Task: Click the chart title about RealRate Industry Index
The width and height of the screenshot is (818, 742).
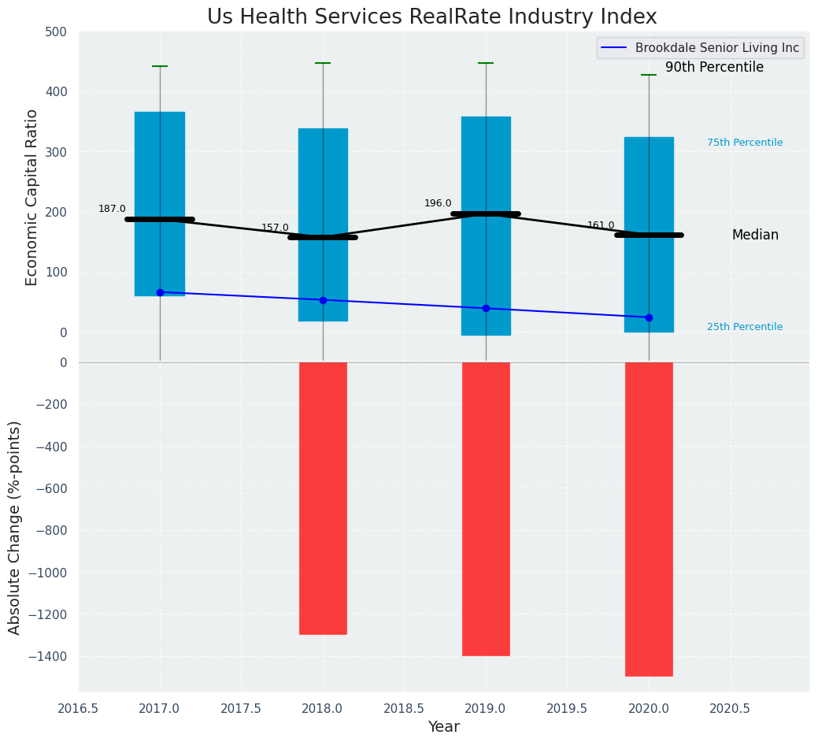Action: pyautogui.click(x=431, y=17)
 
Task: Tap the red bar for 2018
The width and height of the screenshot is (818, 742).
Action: pyautogui.click(x=323, y=498)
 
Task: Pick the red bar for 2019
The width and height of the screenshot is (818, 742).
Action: pyautogui.click(x=486, y=508)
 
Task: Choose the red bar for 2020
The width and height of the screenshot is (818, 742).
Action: pyautogui.click(x=649, y=518)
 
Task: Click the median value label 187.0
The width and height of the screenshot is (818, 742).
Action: pyautogui.click(x=112, y=209)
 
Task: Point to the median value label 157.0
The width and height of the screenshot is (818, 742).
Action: pyautogui.click(x=275, y=228)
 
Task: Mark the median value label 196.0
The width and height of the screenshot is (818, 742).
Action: pyautogui.click(x=438, y=203)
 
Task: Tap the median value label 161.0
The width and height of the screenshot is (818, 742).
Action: pyautogui.click(x=601, y=225)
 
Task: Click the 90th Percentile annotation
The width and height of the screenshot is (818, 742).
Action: pyautogui.click(x=714, y=68)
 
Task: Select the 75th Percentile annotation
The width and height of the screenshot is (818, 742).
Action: pyautogui.click(x=745, y=143)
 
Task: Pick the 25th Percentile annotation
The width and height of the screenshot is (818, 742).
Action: pyautogui.click(x=745, y=327)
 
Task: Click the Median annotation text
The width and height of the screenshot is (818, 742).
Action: pyautogui.click(x=755, y=235)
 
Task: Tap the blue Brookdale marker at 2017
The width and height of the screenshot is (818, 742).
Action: pyautogui.click(x=160, y=292)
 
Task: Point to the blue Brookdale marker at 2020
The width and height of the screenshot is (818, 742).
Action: pyautogui.click(x=649, y=317)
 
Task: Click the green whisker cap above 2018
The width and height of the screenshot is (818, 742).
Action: pyautogui.click(x=323, y=63)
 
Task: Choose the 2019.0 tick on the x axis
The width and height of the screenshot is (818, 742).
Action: pyautogui.click(x=486, y=708)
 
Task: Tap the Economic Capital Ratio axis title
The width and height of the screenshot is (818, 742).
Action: pyautogui.click(x=32, y=197)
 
